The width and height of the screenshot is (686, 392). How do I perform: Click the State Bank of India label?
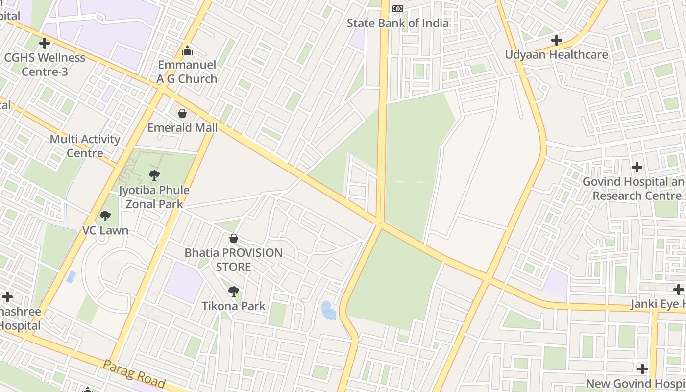pyautogui.click(x=397, y=23)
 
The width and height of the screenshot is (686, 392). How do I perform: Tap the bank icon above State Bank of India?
pyautogui.click(x=398, y=9)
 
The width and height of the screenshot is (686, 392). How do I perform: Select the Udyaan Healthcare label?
pyautogui.click(x=556, y=54)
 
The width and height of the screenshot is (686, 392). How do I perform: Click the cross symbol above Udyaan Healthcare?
pyautogui.click(x=556, y=40)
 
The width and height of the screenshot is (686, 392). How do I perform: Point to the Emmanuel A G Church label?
pyautogui.click(x=187, y=72)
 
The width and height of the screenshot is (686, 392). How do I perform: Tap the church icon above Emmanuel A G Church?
pyautogui.click(x=187, y=50)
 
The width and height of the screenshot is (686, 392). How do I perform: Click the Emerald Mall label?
pyautogui.click(x=182, y=128)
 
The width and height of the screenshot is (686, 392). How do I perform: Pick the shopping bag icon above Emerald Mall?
pyautogui.click(x=182, y=113)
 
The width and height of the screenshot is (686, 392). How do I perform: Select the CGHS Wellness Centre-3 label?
pyautogui.click(x=45, y=64)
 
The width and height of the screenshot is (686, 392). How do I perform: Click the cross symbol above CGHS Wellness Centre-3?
pyautogui.click(x=45, y=43)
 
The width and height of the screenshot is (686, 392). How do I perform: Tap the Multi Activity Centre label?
pyautogui.click(x=85, y=146)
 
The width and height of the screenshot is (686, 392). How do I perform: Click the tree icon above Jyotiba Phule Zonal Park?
pyautogui.click(x=154, y=175)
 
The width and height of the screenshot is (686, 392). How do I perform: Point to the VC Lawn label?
pyautogui.click(x=105, y=230)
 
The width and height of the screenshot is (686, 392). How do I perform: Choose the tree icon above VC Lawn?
pyautogui.click(x=105, y=216)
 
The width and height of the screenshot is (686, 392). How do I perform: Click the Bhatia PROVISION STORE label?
pyautogui.click(x=233, y=260)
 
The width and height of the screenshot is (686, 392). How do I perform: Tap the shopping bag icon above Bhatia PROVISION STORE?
pyautogui.click(x=234, y=238)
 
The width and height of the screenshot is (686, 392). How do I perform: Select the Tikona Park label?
pyautogui.click(x=234, y=306)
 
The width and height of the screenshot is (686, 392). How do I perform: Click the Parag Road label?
pyautogui.click(x=133, y=373)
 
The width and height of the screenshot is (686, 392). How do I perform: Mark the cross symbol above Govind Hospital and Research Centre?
pyautogui.click(x=637, y=167)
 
